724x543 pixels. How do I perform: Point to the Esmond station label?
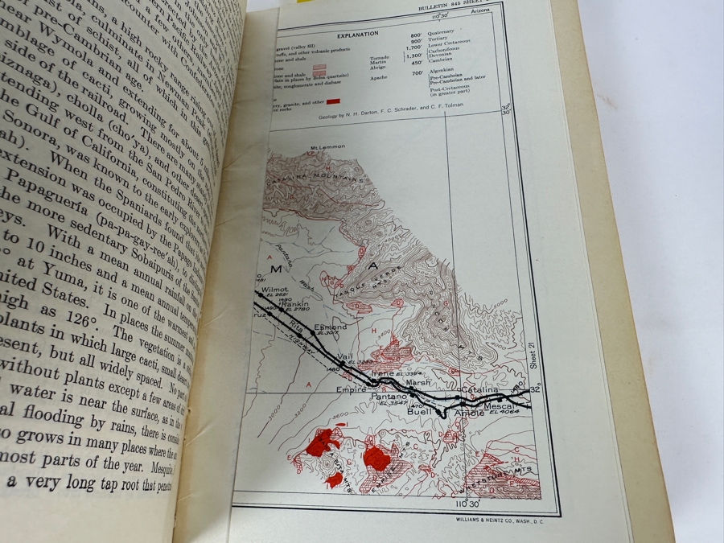coord(331,327)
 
